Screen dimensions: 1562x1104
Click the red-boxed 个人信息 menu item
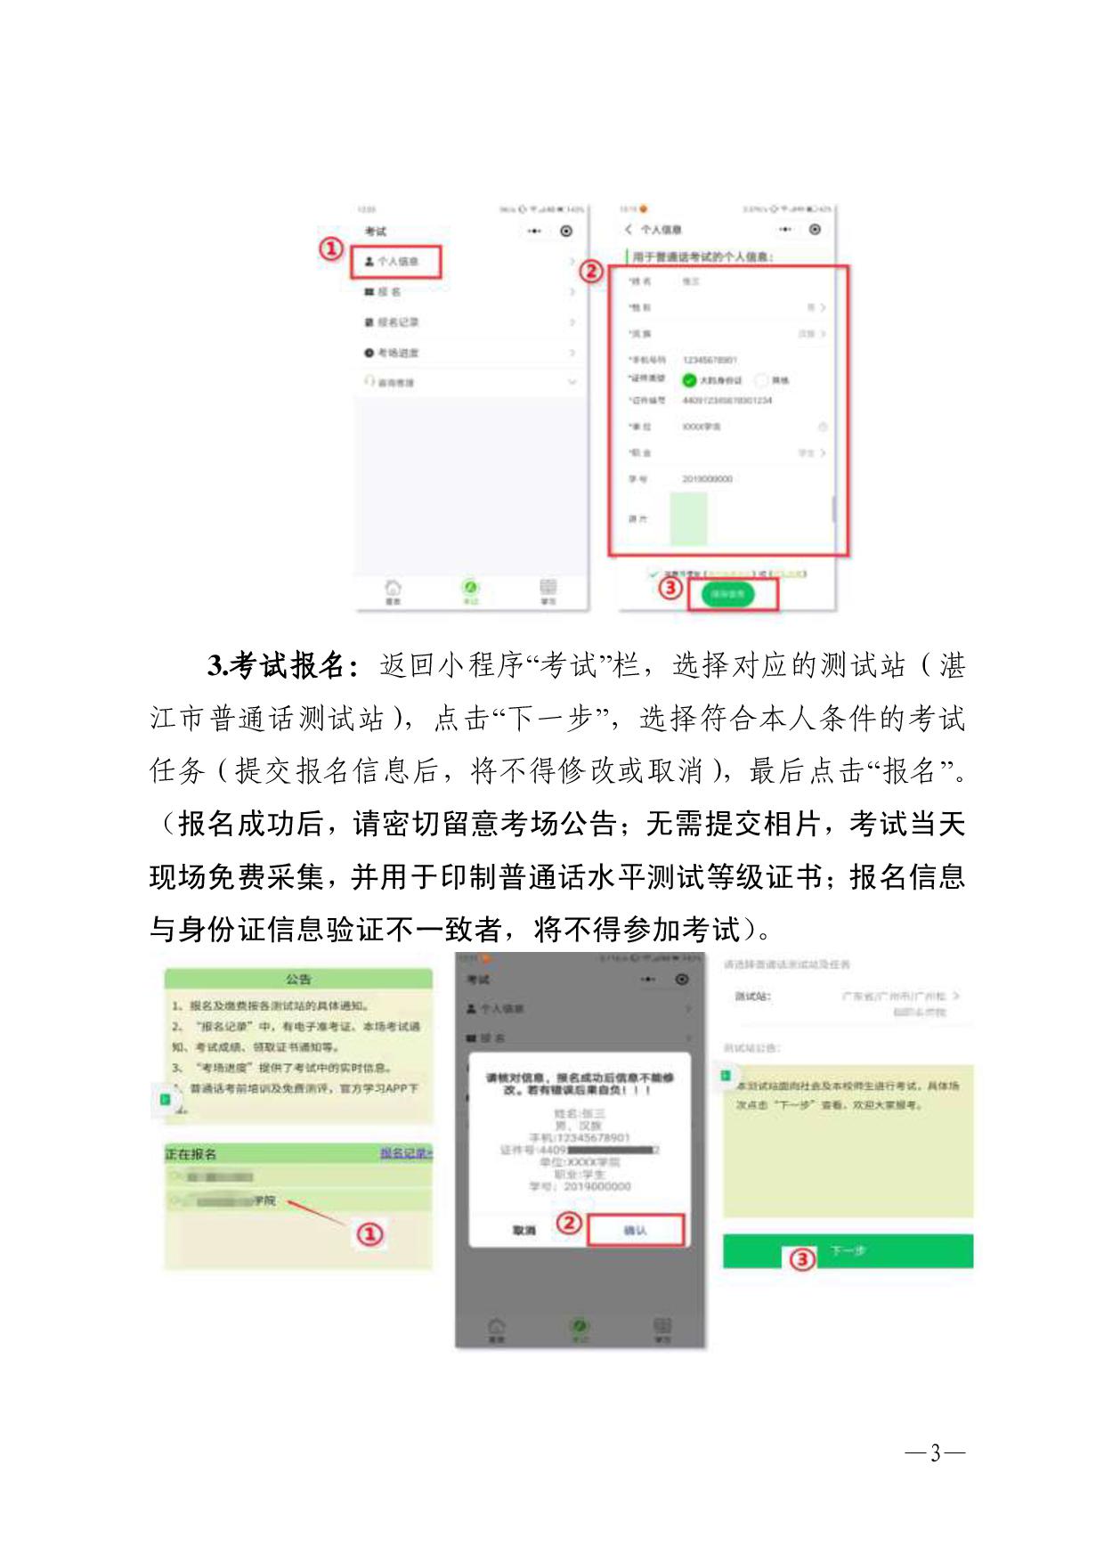coord(396,261)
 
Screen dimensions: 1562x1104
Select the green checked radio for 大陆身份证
coord(689,380)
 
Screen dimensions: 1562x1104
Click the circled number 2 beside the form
coord(591,272)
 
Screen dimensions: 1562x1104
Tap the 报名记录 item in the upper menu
coord(397,322)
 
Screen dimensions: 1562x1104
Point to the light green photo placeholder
coord(688,518)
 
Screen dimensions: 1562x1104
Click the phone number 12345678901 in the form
coord(710,360)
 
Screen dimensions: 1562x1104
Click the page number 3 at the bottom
coord(935,1453)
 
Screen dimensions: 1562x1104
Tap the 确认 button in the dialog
coord(635,1230)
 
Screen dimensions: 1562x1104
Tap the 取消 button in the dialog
coord(524,1230)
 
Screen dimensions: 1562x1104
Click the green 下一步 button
coord(848,1251)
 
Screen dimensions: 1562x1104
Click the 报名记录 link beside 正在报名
coord(406,1153)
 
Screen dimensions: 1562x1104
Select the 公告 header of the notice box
coord(298,980)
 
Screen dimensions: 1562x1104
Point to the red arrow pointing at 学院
coord(316,1213)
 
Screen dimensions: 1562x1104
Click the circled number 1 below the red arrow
coord(369,1234)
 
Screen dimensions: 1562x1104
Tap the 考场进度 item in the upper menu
coord(397,353)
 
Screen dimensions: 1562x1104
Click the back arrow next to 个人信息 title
coord(629,230)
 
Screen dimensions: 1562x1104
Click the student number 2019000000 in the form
coord(707,479)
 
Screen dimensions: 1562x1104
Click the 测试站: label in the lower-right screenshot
coord(752,997)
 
